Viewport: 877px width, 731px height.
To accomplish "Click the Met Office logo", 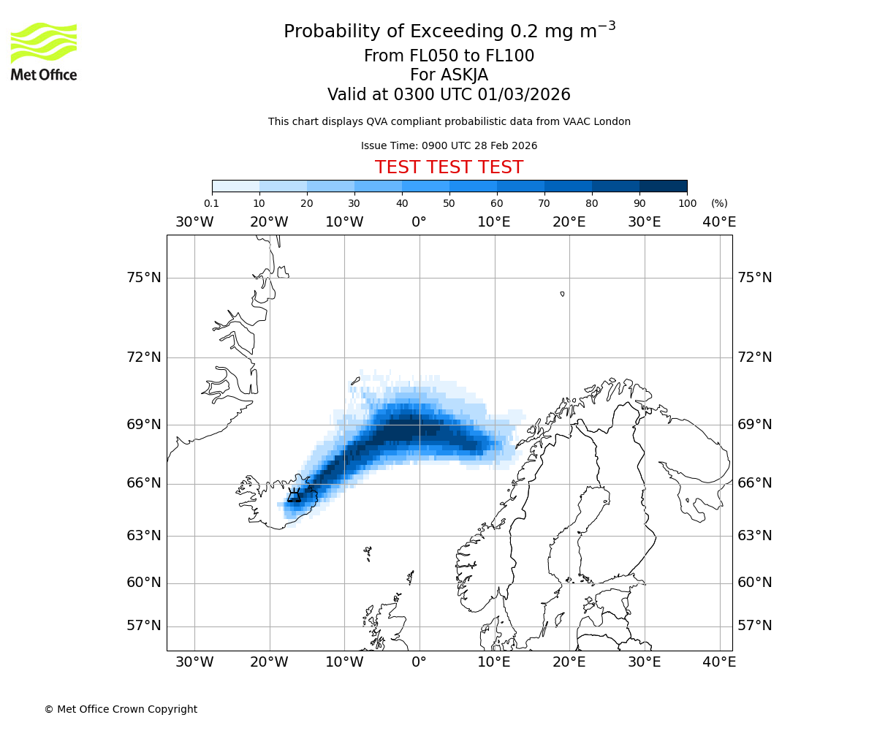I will [44, 51].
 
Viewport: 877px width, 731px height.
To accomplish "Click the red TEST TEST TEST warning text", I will [449, 168].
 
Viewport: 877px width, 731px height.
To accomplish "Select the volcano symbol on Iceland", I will [294, 496].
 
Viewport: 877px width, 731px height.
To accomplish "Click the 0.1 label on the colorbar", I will [211, 204].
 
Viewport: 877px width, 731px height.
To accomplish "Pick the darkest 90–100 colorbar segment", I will [663, 186].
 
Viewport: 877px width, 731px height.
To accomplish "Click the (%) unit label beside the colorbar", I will [719, 204].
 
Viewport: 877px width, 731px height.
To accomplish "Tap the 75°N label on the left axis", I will [143, 278].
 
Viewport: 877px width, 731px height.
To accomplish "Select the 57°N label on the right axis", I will [755, 626].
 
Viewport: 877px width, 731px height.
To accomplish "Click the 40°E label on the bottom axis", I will [719, 662].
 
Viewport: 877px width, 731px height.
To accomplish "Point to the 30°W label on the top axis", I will [194, 222].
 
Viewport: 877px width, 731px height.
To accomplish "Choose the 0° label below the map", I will [419, 662].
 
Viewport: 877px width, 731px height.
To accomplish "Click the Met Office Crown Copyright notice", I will [121, 709].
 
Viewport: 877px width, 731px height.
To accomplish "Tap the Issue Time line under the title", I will [449, 146].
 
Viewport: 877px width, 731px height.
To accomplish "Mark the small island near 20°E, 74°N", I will [562, 294].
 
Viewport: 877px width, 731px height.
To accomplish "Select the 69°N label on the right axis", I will [755, 425].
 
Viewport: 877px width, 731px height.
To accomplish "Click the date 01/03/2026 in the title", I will [524, 95].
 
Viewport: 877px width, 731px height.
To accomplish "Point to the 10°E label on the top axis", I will [494, 222].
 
